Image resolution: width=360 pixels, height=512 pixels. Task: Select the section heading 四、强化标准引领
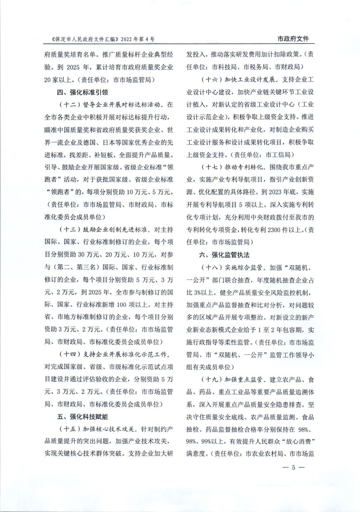click(83, 93)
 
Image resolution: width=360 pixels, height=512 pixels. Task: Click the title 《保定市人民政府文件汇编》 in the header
click(82, 39)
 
